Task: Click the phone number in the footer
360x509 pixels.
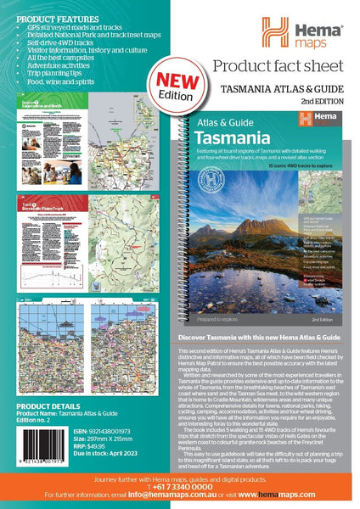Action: click(180, 488)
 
